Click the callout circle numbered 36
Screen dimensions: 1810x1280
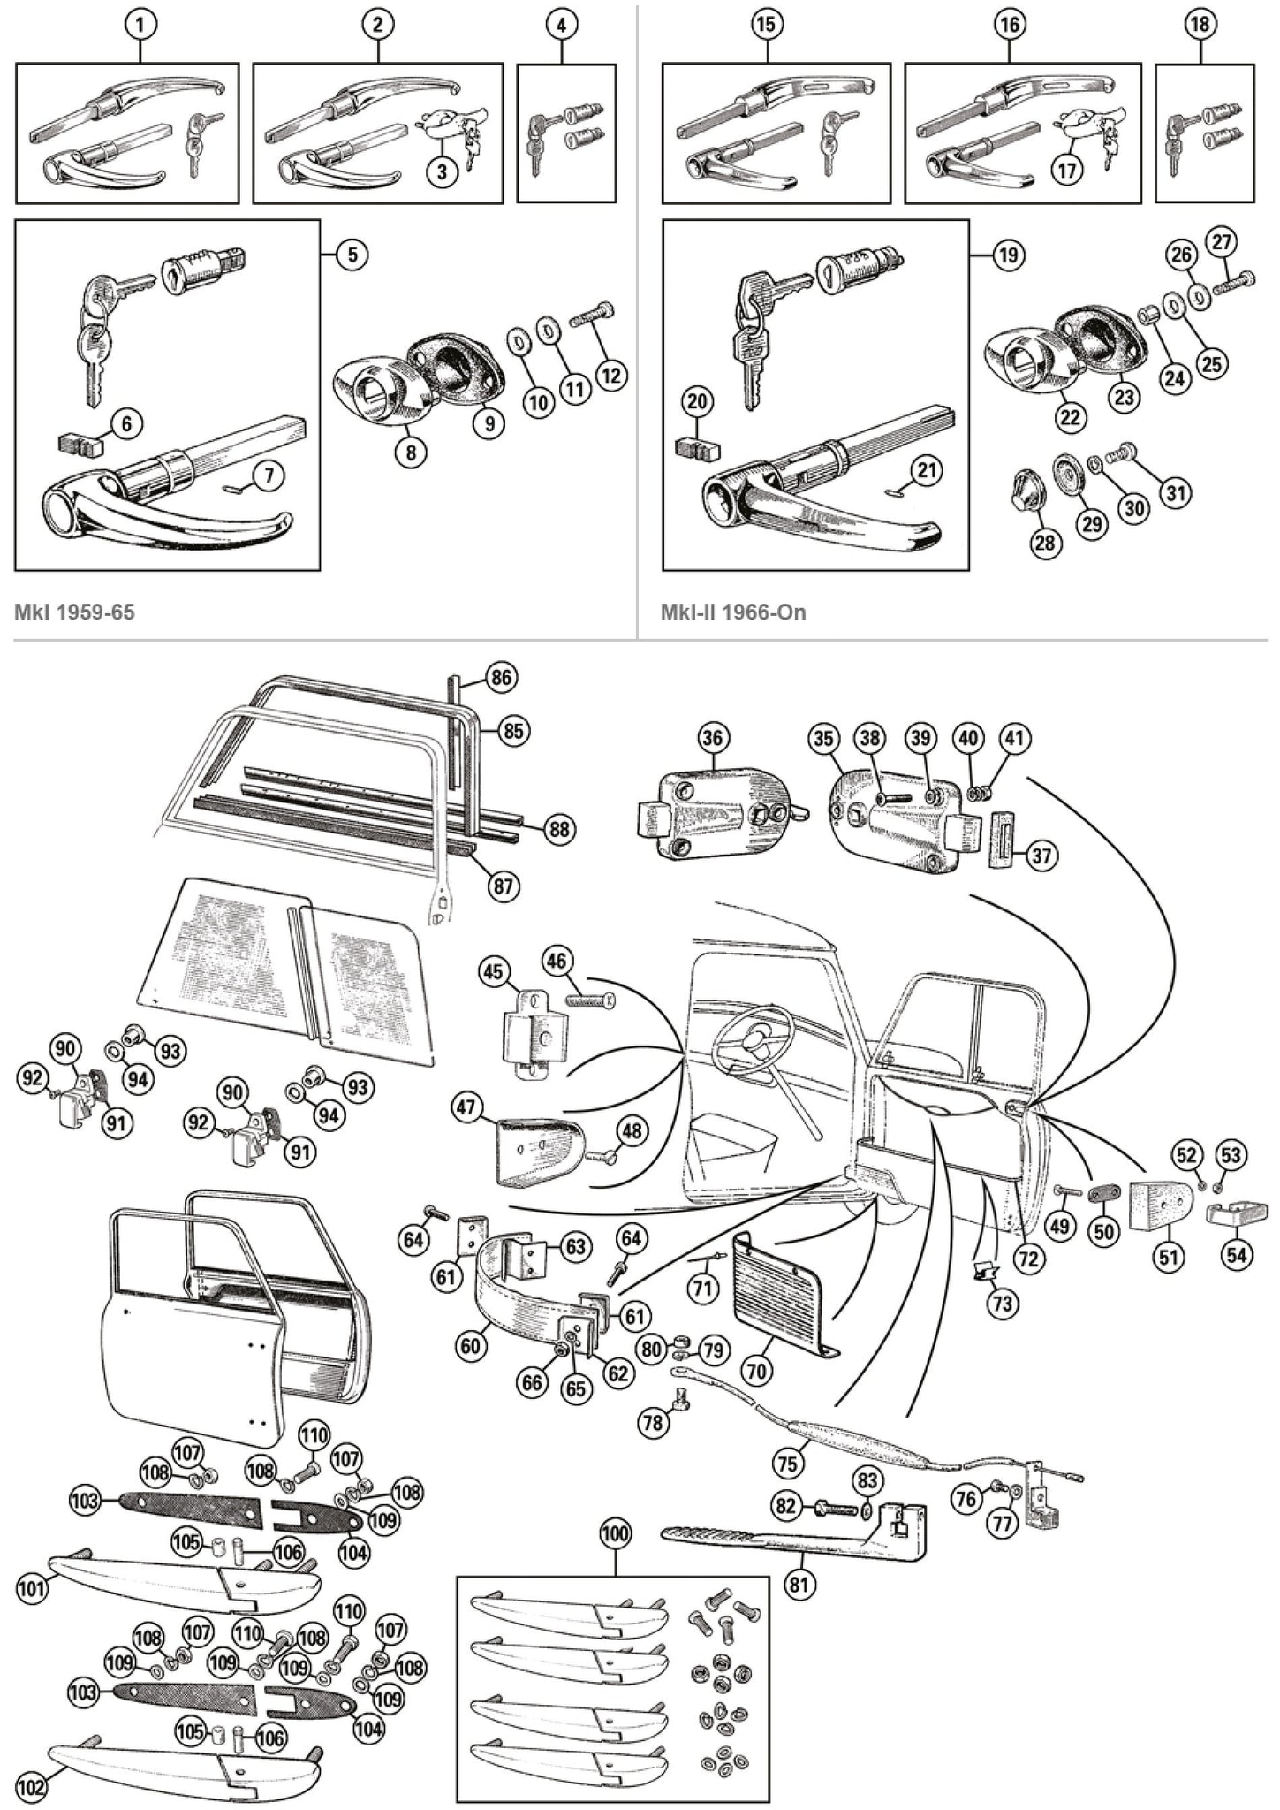point(712,738)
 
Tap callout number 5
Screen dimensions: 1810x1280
point(352,255)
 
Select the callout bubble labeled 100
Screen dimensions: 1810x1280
point(615,1534)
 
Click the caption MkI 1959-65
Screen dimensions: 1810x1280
point(75,612)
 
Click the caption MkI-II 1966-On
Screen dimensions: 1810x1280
point(733,612)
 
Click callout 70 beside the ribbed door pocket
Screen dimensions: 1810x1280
point(757,1370)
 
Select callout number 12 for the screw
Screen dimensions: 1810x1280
point(610,375)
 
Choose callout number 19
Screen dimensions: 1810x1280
point(1008,255)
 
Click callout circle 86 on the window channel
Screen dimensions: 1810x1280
point(501,679)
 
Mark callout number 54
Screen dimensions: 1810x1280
point(1237,1254)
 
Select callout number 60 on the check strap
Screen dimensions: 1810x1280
point(471,1346)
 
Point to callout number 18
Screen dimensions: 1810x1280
point(1199,25)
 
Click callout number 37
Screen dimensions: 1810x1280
point(1042,856)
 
